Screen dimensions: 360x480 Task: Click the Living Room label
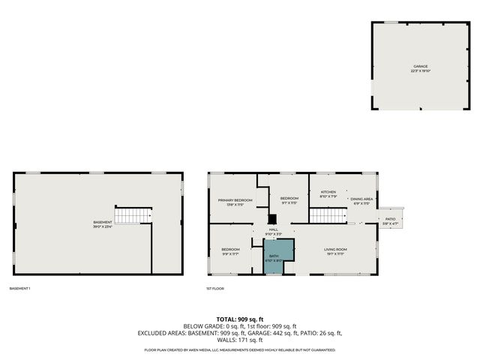pos(334,251)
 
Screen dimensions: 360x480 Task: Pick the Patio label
pos(390,220)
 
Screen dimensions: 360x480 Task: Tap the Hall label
pos(273,231)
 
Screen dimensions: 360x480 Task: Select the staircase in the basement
pos(133,215)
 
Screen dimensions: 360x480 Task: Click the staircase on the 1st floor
pos(328,216)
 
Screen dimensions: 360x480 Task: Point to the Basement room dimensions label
pos(103,223)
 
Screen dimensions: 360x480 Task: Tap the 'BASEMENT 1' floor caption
pos(20,288)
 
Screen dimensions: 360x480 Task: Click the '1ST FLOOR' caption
pos(215,288)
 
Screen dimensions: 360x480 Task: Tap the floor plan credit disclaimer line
pos(240,350)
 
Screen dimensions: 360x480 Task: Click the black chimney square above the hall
pos(271,220)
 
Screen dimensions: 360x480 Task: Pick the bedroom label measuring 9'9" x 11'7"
pos(230,251)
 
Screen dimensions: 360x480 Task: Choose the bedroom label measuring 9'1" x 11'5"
pos(289,201)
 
